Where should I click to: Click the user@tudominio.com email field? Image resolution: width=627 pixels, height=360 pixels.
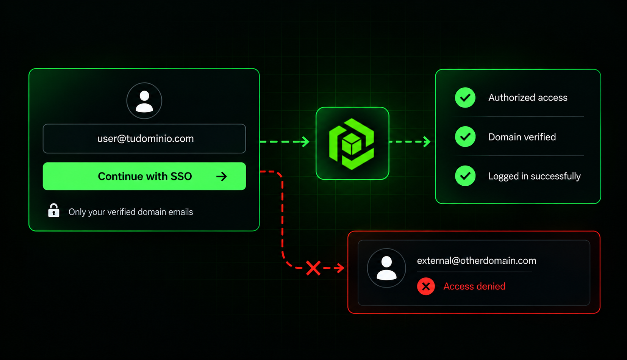144,139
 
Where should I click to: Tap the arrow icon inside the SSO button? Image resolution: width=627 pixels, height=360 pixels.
221,176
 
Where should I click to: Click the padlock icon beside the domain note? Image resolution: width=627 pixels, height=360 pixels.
53,210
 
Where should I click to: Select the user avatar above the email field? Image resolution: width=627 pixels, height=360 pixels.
144,101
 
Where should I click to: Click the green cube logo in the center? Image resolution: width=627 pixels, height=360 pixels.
352,144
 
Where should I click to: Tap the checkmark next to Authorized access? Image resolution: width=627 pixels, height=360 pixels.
465,97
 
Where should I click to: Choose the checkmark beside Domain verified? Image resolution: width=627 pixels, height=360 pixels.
465,136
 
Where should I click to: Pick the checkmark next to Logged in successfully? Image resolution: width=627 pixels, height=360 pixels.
465,176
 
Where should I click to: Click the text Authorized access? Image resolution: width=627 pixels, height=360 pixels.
528,97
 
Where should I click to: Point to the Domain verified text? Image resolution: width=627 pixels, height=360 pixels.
522,137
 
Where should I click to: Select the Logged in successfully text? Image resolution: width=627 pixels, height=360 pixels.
534,176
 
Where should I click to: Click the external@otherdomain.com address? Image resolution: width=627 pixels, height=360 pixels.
477,261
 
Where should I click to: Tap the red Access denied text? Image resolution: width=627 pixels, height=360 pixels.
474,286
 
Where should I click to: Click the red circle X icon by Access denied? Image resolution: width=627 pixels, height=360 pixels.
426,286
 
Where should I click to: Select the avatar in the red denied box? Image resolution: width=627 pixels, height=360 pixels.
386,268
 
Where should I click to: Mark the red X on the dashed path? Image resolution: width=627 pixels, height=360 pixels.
313,268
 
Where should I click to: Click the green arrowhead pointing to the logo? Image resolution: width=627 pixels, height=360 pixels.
305,142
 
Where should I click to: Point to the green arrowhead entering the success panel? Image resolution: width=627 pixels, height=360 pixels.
427,142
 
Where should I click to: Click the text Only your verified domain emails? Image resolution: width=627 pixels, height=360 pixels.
131,212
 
